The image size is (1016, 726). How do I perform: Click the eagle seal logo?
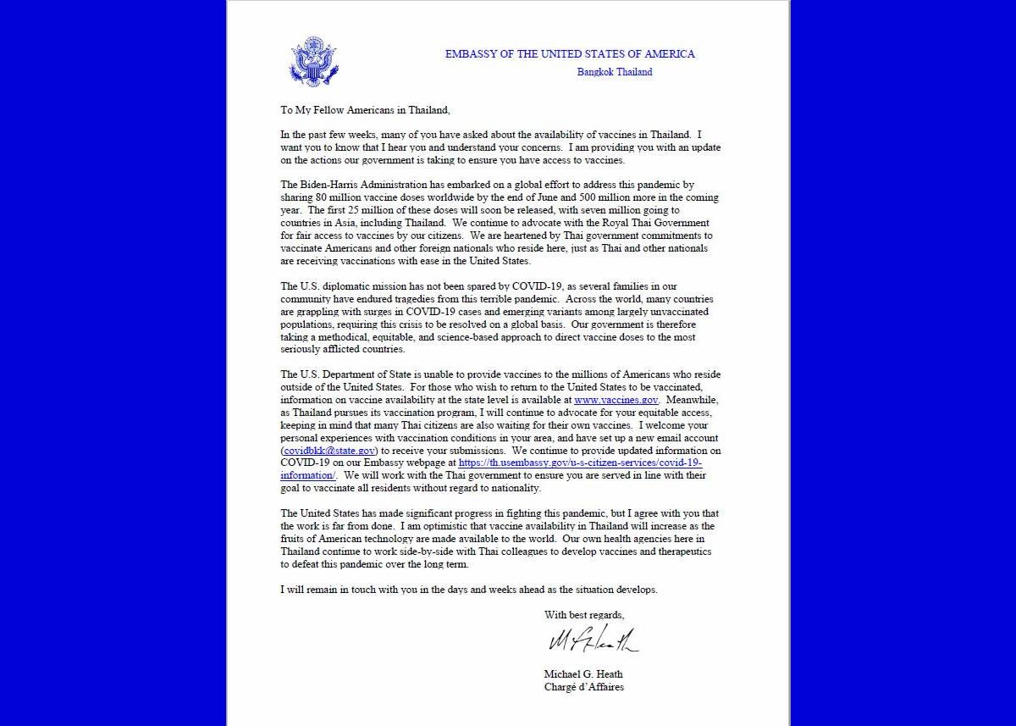(313, 61)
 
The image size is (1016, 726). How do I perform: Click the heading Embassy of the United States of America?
(570, 54)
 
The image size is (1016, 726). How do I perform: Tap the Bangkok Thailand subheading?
(615, 72)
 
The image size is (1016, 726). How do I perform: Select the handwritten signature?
(593, 640)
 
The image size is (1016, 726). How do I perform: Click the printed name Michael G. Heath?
(583, 674)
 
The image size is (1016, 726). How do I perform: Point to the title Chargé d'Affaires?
(583, 687)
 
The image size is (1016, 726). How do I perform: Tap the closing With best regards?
(584, 615)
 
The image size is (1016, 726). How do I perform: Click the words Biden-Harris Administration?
(354, 185)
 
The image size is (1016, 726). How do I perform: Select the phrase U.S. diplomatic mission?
(339, 286)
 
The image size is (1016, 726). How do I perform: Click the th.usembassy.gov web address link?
(580, 463)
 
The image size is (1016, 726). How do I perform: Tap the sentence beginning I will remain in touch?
(468, 590)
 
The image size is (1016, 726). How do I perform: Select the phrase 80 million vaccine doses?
(371, 197)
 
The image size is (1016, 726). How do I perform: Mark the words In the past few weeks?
(331, 135)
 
